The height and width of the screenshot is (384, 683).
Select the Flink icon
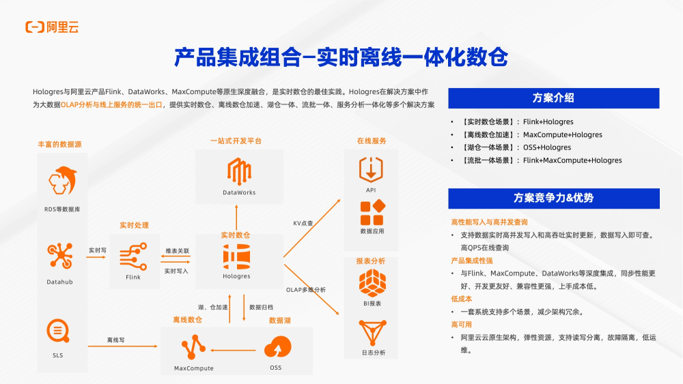[133, 258]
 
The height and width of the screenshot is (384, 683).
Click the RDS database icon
[62, 181]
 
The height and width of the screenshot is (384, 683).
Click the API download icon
[371, 168]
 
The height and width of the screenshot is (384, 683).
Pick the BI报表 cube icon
[372, 282]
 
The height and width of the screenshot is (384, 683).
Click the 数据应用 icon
[372, 213]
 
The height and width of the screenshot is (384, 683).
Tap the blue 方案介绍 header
[553, 98]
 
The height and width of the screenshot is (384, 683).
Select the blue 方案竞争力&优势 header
[553, 198]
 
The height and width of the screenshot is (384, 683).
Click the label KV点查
[303, 223]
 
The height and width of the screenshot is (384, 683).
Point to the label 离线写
[115, 340]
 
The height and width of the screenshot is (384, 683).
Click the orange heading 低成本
[461, 299]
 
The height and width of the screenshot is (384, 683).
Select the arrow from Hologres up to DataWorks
[236, 219]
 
